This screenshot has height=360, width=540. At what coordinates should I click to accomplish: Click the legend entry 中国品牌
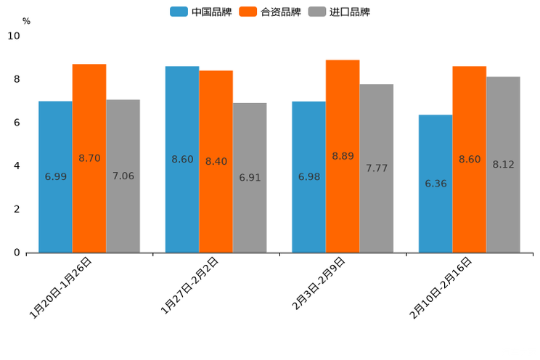tap(201, 12)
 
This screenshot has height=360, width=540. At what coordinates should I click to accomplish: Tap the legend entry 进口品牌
tap(340, 12)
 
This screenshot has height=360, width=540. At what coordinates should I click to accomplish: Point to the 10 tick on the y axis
tap(14, 36)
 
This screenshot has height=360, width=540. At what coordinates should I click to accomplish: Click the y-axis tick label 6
tap(17, 123)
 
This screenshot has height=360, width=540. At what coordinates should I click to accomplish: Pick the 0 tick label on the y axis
tap(17, 253)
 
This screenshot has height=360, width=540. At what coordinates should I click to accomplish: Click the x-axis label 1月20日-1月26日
tap(61, 287)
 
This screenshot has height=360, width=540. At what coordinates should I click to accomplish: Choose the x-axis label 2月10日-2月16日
tap(441, 287)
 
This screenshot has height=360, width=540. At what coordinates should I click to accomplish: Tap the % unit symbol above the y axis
tap(26, 21)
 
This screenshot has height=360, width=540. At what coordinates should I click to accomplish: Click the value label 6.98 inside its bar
tap(309, 176)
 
